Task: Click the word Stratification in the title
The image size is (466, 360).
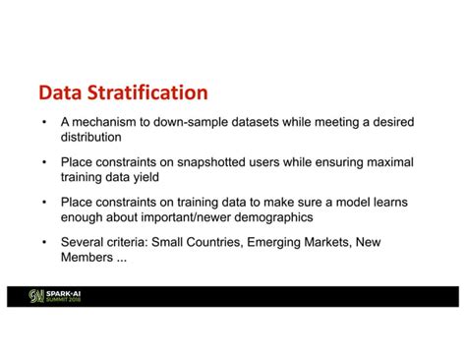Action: [147, 92]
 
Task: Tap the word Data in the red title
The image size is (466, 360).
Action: [60, 92]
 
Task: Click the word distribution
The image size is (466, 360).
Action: [91, 137]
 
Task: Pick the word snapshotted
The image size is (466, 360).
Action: [211, 162]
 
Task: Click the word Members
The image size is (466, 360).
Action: [87, 258]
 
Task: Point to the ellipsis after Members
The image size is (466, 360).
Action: [122, 261]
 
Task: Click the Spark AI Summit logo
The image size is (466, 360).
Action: [54, 296]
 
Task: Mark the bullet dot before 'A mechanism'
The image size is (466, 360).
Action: [44, 122]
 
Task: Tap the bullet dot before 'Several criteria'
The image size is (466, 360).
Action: [44, 243]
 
